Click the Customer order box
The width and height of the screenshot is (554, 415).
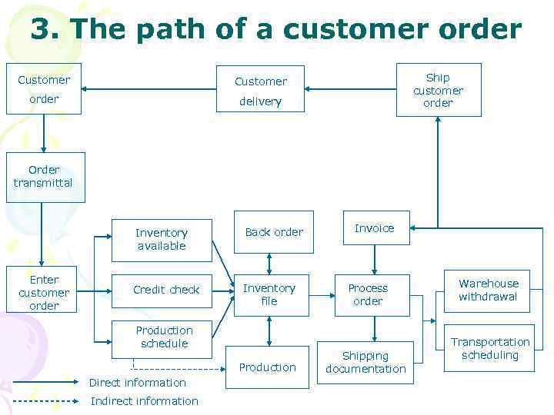point(44,89)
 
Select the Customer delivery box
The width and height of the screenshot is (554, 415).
point(260,91)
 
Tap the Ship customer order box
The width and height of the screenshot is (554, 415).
point(439,90)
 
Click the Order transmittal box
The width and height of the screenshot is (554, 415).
point(45,177)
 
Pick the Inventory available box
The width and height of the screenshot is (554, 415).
point(162,238)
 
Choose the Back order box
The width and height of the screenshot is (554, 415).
point(274,231)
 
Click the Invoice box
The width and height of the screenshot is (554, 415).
point(375,228)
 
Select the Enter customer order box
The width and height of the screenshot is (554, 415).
point(44,293)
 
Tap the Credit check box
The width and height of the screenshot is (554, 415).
point(166,290)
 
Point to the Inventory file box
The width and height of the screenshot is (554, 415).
point(269,295)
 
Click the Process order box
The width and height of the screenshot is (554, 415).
point(369,295)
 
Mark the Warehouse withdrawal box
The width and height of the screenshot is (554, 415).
point(489,290)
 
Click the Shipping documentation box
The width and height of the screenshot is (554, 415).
point(365,362)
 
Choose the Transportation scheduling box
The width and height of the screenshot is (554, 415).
point(490,349)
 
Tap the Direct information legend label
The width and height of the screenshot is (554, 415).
point(138,383)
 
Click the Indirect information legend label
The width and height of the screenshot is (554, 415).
point(144,401)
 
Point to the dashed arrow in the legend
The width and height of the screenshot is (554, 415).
point(46,401)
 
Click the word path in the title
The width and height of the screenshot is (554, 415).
point(194,29)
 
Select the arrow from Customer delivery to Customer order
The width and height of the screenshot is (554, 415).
point(154,89)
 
